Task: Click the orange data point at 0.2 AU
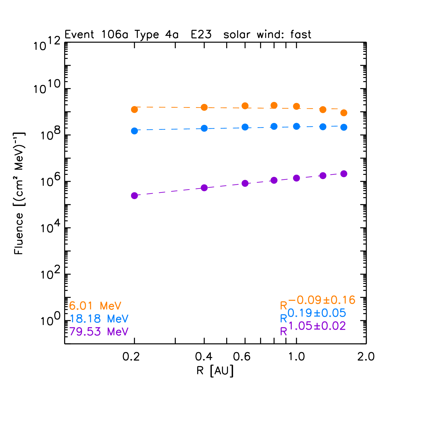point(134,109)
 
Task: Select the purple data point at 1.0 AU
point(296,178)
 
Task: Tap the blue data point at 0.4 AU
point(204,128)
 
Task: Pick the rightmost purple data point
point(344,174)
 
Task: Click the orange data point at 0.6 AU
point(245,106)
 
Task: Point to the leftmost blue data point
point(134,131)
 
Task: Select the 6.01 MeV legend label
point(95,306)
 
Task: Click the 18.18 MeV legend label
point(99,319)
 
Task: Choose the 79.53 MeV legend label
point(99,331)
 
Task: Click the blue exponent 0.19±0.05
point(317,313)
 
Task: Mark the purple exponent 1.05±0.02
point(317,326)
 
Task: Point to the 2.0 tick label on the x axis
point(366,357)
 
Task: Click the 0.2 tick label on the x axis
point(131,357)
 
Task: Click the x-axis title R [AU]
point(215,371)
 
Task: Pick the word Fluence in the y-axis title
point(19,234)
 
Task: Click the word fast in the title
point(301,35)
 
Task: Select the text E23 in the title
point(201,35)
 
